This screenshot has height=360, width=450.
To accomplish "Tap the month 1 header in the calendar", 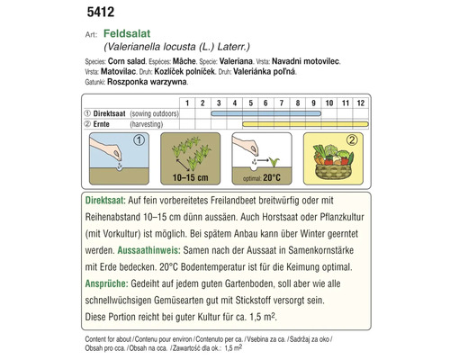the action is (x=185, y=103).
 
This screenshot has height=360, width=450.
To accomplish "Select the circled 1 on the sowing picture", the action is (x=139, y=141).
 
